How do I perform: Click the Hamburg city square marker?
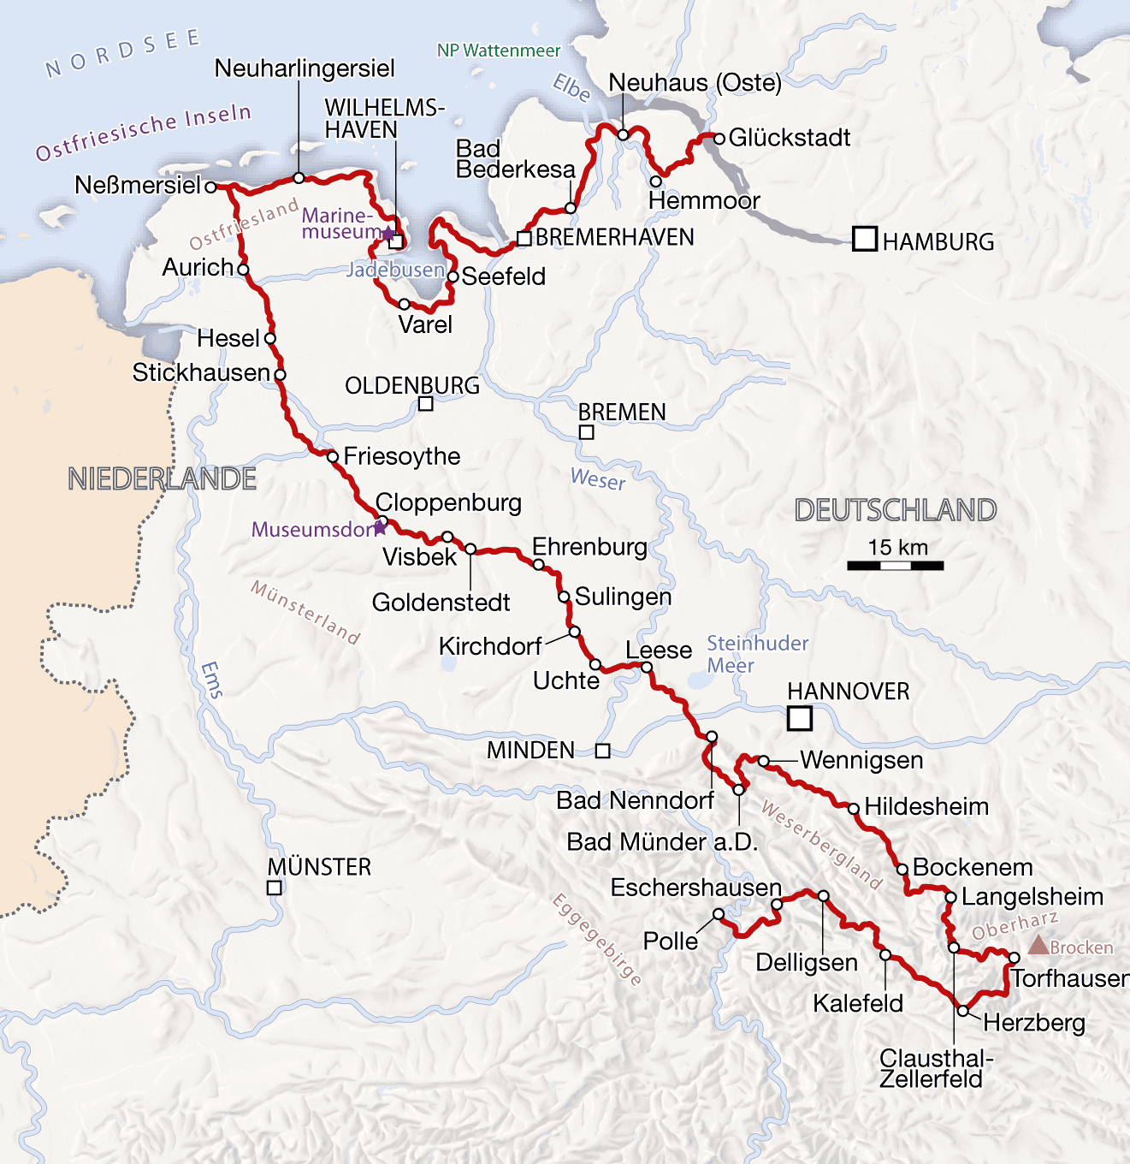(865, 239)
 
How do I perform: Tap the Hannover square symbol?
(799, 718)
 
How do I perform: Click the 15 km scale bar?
(896, 566)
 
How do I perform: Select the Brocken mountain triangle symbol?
(1038, 946)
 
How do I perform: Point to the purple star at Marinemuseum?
(388, 233)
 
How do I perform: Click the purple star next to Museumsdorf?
(380, 528)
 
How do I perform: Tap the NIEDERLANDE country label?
(163, 479)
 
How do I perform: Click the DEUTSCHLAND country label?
(896, 510)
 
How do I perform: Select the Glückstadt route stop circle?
(719, 138)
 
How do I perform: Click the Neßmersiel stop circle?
(211, 186)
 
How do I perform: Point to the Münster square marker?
(274, 888)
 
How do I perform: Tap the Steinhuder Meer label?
(756, 655)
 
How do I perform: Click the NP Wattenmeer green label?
(499, 50)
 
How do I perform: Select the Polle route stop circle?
(719, 915)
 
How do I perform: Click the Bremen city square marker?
(587, 433)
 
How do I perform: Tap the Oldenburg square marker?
(425, 404)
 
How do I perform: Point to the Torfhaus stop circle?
(1015, 958)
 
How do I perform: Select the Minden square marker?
(603, 751)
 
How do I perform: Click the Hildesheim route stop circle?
(853, 809)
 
